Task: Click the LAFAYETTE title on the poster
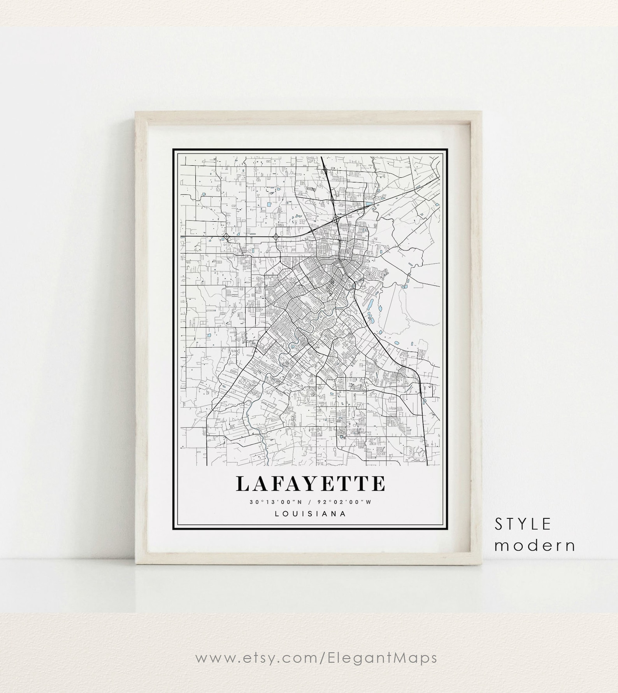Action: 310,483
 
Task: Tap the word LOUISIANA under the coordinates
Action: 310,513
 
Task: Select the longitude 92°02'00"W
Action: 344,502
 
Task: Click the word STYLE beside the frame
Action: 523,525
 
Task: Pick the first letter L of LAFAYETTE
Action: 242,483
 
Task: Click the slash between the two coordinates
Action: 311,502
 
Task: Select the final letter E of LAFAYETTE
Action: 378,483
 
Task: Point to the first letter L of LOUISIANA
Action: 277,513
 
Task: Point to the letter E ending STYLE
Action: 547,525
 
